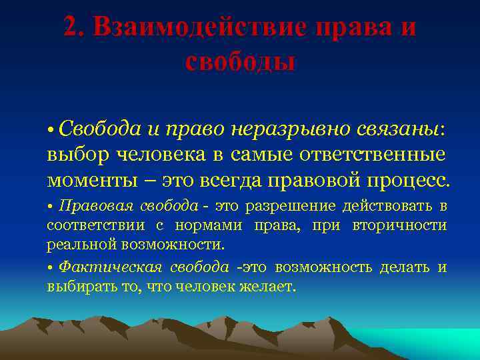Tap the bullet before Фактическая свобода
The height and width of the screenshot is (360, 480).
click(51, 267)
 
